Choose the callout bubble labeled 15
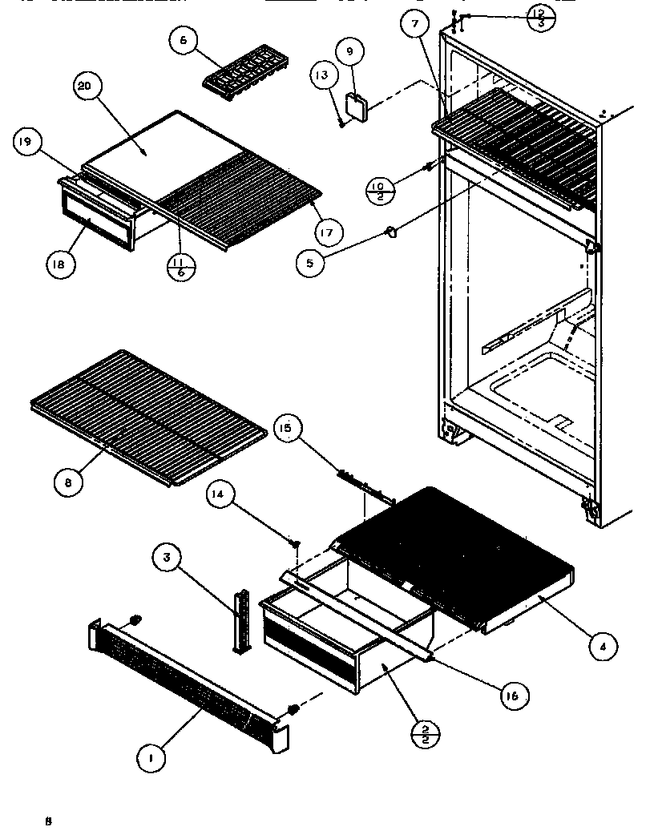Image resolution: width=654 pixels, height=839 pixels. pyautogui.click(x=286, y=428)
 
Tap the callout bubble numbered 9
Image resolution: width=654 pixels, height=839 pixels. pyautogui.click(x=349, y=53)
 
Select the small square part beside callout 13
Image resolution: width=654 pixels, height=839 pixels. pyautogui.click(x=354, y=107)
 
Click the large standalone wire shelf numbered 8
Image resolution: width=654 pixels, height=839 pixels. pyautogui.click(x=148, y=417)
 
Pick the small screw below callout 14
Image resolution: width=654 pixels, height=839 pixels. pyautogui.click(x=294, y=544)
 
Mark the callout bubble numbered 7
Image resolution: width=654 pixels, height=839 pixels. pyautogui.click(x=415, y=25)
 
